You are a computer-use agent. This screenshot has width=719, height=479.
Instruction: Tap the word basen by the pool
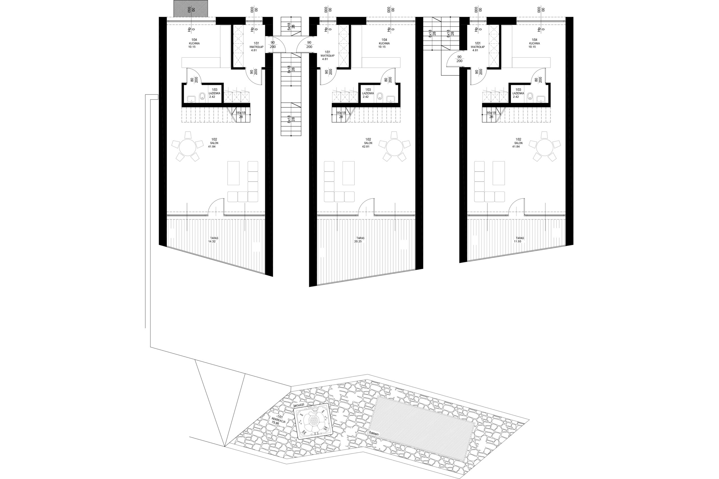pos(374,434)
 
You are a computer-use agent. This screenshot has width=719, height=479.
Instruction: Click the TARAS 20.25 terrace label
pos(360,239)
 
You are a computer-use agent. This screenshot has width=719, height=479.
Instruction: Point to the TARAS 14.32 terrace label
pos(212,239)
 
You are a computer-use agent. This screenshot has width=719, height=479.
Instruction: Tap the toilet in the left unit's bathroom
pos(202,97)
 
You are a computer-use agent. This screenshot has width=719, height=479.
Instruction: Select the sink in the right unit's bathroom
pos(541,99)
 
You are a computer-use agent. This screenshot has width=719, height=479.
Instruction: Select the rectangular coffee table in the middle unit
pos(348,173)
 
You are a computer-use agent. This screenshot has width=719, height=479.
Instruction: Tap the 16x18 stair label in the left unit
pos(241,115)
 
